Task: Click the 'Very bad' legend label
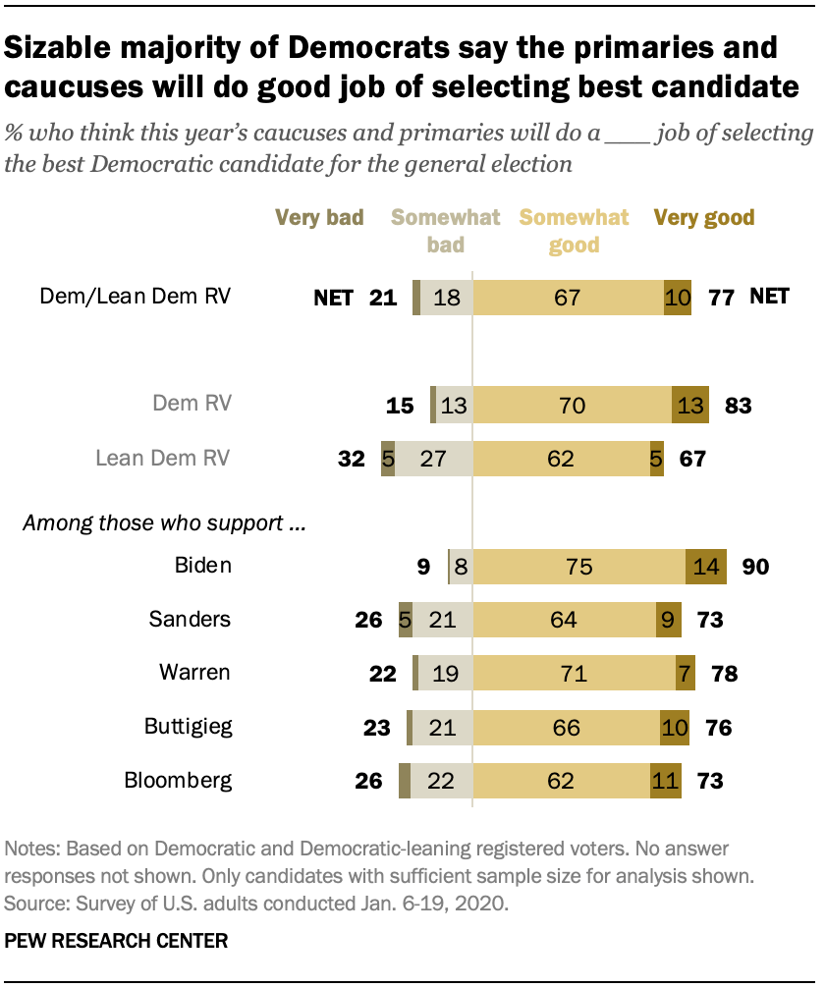click(319, 217)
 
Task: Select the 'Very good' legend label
click(704, 217)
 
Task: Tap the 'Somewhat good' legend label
click(574, 231)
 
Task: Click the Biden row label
click(204, 566)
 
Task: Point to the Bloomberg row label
click(178, 782)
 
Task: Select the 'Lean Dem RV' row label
click(162, 458)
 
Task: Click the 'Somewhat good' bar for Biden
click(578, 566)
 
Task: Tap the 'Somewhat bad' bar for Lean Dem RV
click(433, 458)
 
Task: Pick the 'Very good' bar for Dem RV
click(689, 404)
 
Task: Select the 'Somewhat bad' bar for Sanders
click(442, 620)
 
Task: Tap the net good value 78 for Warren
click(723, 674)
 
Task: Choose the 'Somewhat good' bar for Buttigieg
click(567, 728)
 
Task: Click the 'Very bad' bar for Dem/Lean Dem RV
click(416, 296)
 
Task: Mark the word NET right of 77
click(769, 296)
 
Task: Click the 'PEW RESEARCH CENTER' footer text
click(116, 941)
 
